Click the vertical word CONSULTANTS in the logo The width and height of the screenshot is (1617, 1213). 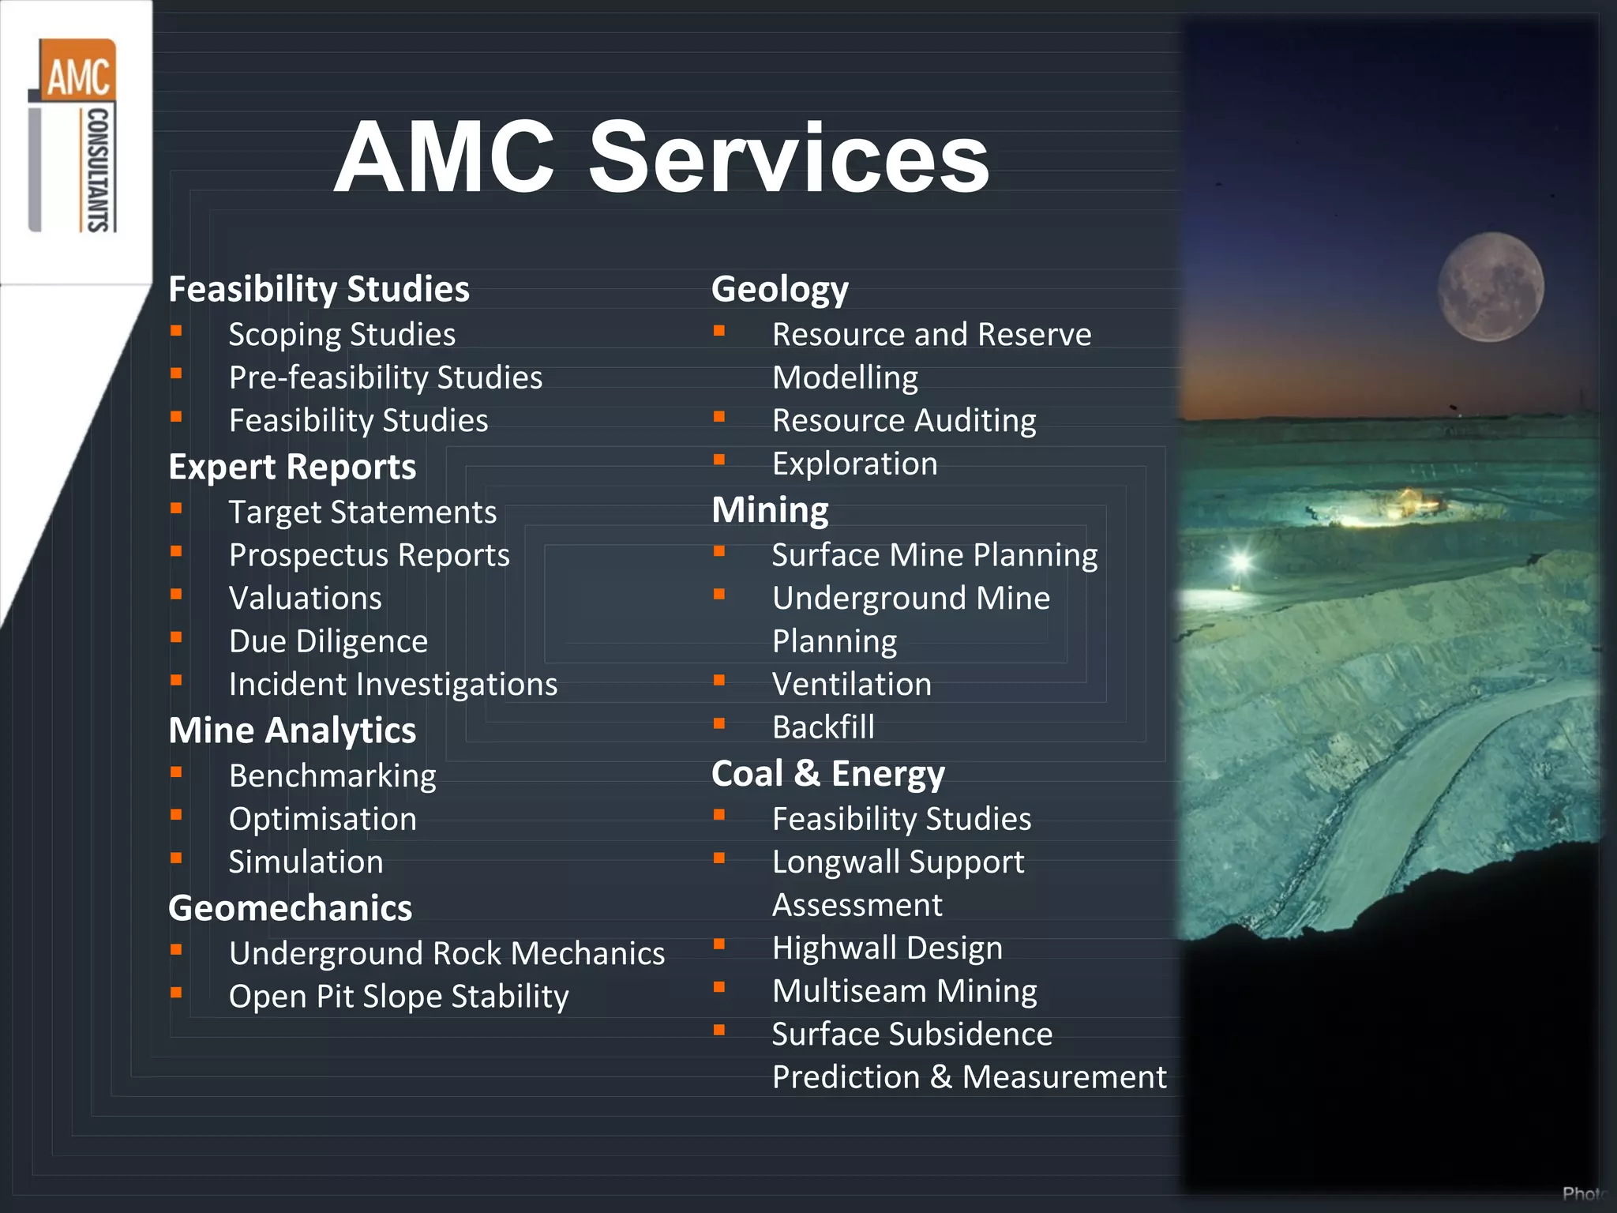tap(97, 170)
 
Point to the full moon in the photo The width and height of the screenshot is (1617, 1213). tap(1490, 287)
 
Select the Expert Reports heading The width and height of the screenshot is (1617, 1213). tap(292, 467)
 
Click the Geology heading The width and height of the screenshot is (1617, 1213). tap(779, 289)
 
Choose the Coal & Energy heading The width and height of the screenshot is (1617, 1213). tap(827, 773)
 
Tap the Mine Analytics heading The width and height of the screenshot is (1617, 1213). tap(292, 730)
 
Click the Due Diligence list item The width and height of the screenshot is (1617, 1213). tap(328, 641)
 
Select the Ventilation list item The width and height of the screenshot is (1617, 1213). tap(851, 684)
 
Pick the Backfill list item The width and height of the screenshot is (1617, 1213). tap(823, 727)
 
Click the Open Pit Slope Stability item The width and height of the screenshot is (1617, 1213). tap(398, 997)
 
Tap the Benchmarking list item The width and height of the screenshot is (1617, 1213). tap(332, 776)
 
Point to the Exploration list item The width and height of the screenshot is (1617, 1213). tap(854, 464)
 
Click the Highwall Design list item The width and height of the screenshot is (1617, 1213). tap(887, 948)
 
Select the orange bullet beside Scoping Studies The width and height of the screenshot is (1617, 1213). tap(176, 331)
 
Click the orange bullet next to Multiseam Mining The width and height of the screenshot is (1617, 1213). tap(719, 987)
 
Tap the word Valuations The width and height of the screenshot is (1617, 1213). tap(305, 599)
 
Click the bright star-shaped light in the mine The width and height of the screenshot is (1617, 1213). tap(1240, 561)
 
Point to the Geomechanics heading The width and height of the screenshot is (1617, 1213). tap(290, 908)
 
